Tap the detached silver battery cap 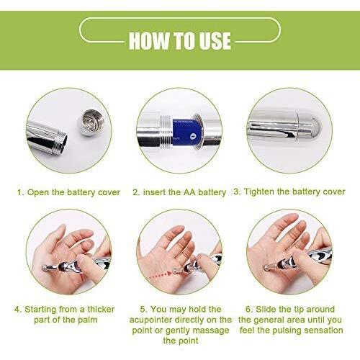91,122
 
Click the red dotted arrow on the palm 160,276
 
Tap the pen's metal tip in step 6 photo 266,267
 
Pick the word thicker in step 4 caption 101,309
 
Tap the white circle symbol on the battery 192,136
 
